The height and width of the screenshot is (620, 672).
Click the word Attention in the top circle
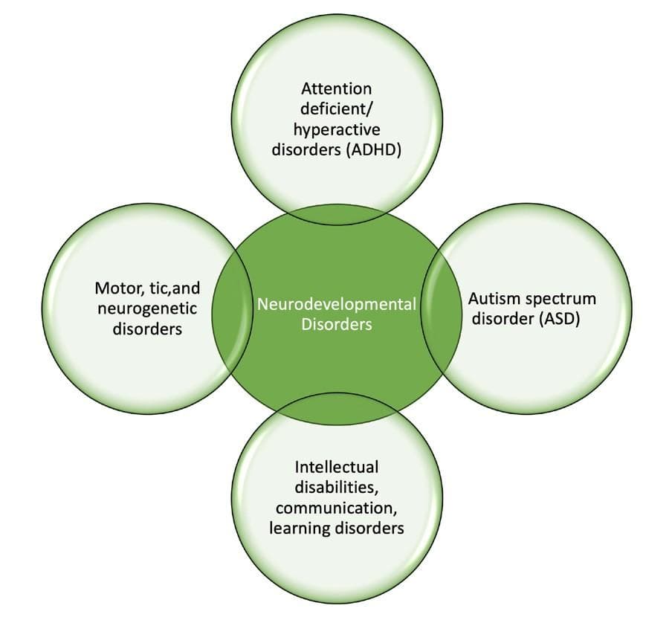point(337,88)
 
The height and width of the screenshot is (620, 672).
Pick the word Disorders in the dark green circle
point(337,325)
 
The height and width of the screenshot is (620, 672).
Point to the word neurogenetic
point(147,307)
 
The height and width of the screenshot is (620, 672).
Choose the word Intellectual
point(337,468)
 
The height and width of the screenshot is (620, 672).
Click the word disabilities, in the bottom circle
point(337,487)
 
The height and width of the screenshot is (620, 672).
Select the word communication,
point(337,508)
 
